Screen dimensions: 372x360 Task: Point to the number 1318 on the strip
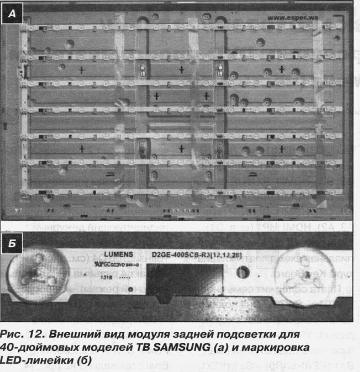(106, 277)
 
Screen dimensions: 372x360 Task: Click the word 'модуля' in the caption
(150, 334)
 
